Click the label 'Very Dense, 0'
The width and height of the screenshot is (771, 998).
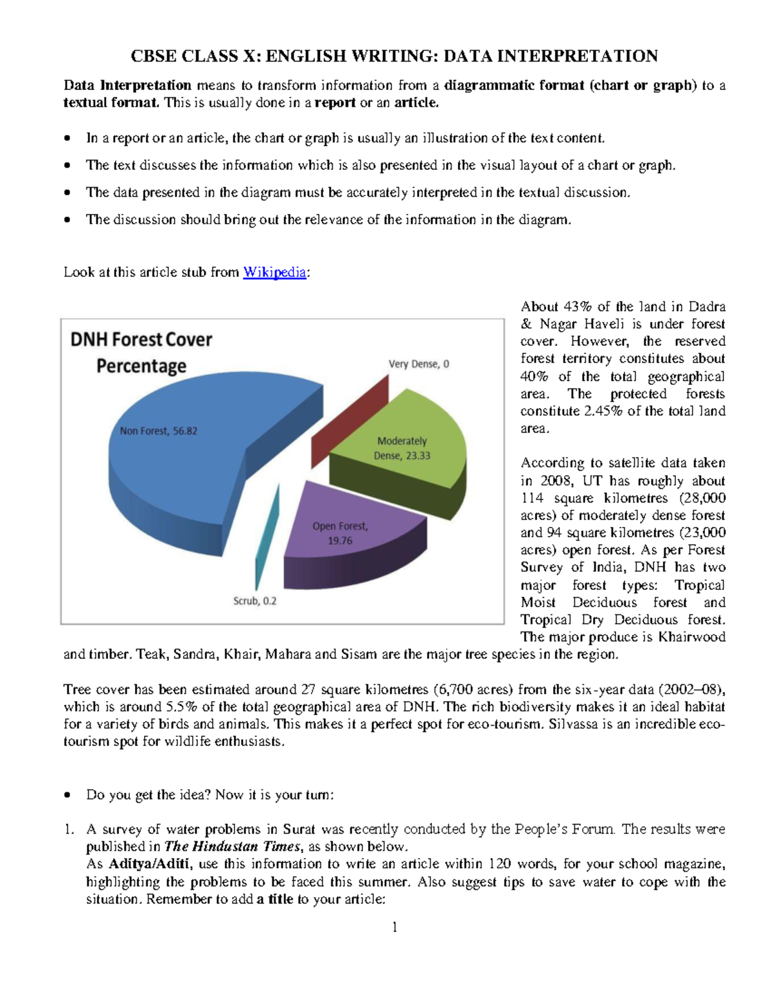click(419, 364)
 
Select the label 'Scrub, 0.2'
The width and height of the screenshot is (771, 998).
click(254, 601)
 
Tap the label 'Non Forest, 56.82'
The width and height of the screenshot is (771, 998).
click(158, 431)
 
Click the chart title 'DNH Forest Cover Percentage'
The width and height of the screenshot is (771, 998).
click(141, 352)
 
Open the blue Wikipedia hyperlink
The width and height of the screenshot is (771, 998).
click(274, 272)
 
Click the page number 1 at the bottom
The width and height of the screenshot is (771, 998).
click(394, 927)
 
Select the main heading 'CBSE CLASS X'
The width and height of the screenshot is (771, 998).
click(394, 56)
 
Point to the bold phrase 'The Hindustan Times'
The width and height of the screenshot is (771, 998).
click(233, 846)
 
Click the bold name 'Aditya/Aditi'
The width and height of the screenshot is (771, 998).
click(149, 864)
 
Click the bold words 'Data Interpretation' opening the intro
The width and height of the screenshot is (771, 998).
click(127, 85)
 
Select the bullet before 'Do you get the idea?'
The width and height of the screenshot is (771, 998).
click(67, 796)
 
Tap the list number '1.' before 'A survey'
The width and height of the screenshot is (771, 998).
click(69, 829)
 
